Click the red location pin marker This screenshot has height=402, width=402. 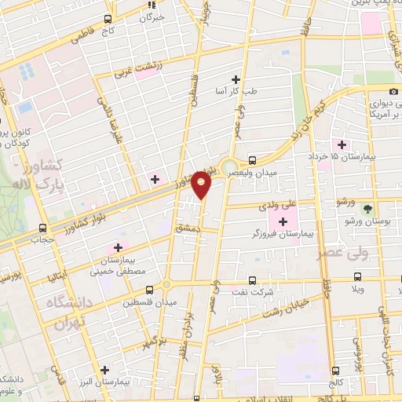click(202, 184)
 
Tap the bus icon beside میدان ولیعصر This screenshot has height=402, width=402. click(251, 157)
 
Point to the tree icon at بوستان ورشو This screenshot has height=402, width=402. click(367, 208)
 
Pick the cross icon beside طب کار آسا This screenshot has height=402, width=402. click(236, 78)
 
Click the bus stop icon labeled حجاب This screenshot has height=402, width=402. click(42, 228)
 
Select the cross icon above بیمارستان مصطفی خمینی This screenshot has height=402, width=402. click(119, 247)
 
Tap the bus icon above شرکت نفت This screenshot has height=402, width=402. click(251, 279)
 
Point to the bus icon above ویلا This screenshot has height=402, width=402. click(358, 276)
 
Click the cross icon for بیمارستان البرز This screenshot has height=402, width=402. click(104, 368)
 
